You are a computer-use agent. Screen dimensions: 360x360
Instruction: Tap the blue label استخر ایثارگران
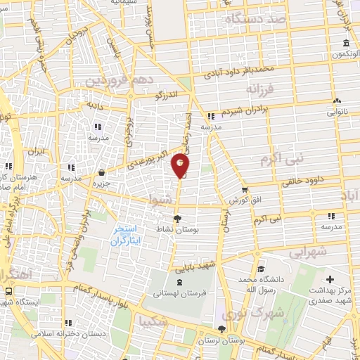click(x=127, y=236)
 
